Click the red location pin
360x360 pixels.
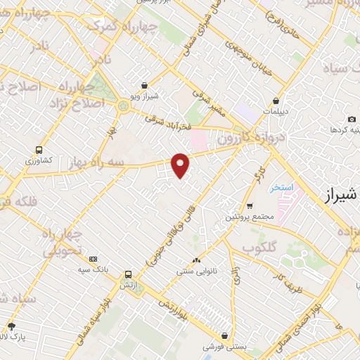[x=181, y=165]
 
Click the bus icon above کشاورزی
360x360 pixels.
[x=39, y=150]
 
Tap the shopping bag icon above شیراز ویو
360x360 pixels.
[x=144, y=84]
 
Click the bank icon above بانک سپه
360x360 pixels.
[x=94, y=259]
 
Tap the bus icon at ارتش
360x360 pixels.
[x=128, y=275]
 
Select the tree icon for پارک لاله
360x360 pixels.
[x=11, y=326]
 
